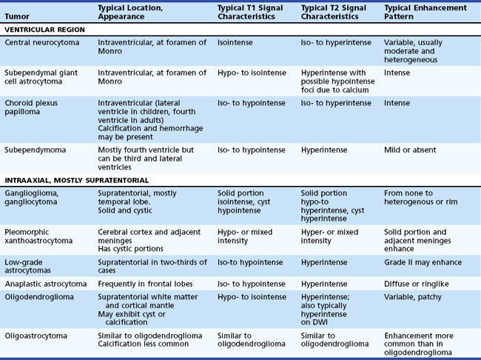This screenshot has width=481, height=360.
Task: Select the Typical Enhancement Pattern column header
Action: click(x=425, y=13)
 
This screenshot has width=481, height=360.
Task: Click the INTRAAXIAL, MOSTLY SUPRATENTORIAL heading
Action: click(x=76, y=180)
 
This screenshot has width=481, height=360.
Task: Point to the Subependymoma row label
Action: click(x=37, y=150)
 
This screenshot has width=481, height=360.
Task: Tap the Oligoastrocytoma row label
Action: click(x=37, y=336)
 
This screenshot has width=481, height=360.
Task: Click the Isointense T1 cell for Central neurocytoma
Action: click(x=235, y=43)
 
